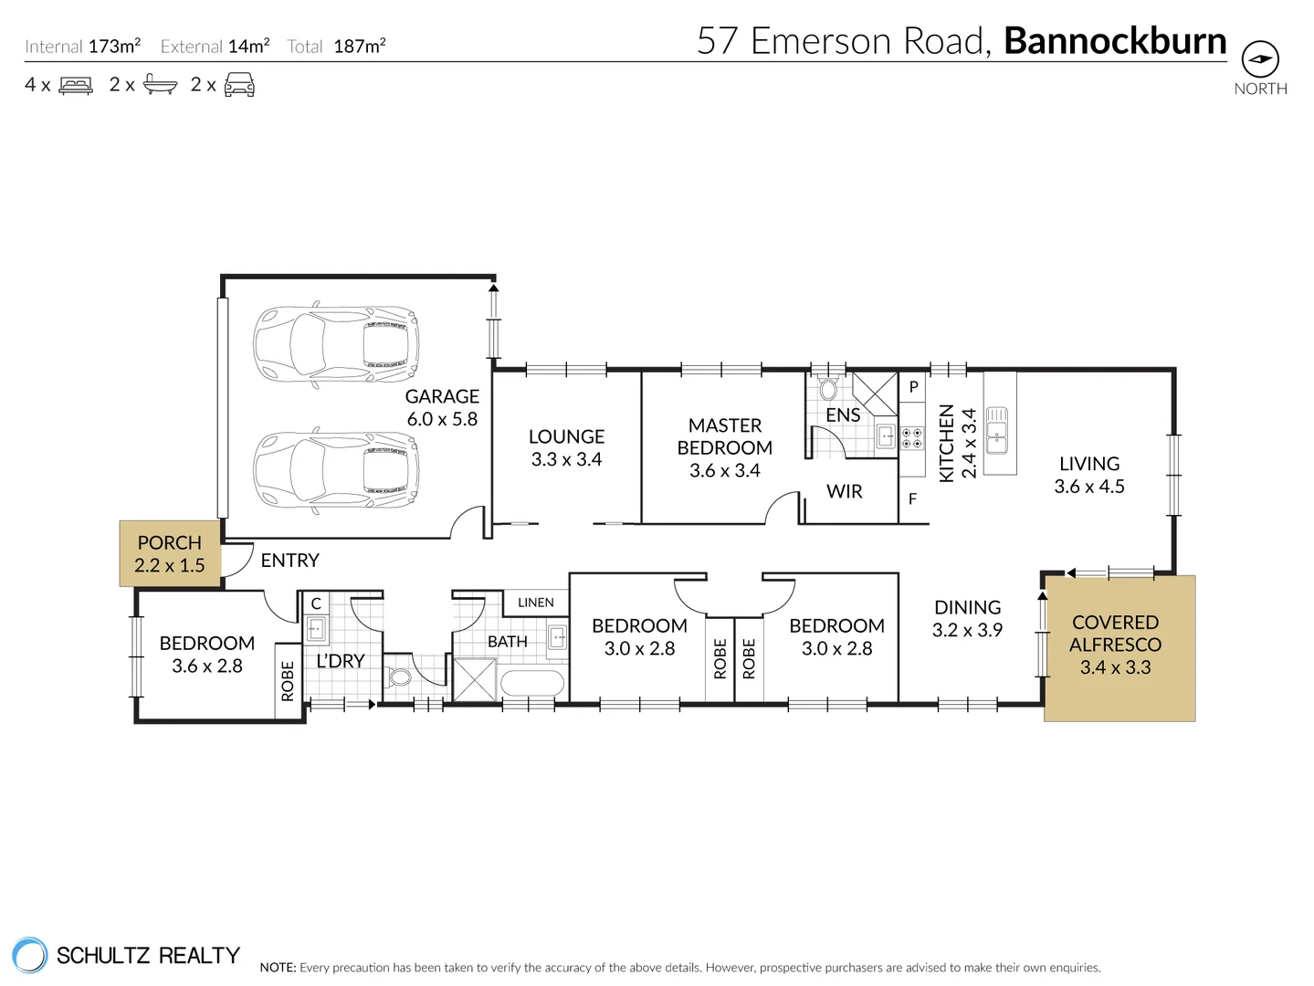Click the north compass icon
pyautogui.click(x=1260, y=58)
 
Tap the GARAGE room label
pyautogui.click(x=442, y=396)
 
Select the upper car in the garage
pyautogui.click(x=336, y=344)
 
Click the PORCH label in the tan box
pyautogui.click(x=170, y=542)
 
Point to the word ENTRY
pyautogui.click(x=289, y=561)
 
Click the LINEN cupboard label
pyautogui.click(x=536, y=603)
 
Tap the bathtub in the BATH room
pyautogui.click(x=532, y=683)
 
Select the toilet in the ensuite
pyautogui.click(x=828, y=389)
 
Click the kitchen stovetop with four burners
pyautogui.click(x=911, y=437)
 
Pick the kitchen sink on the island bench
pyautogui.click(x=997, y=430)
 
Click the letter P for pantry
pyautogui.click(x=913, y=387)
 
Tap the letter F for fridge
pyautogui.click(x=912, y=498)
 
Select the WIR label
pyautogui.click(x=844, y=491)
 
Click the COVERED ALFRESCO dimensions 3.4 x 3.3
pyautogui.click(x=1115, y=667)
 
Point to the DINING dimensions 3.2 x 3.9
pyautogui.click(x=967, y=629)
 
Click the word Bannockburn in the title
pyautogui.click(x=1115, y=41)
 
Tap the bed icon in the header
pyautogui.click(x=76, y=85)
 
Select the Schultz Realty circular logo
pyautogui.click(x=29, y=955)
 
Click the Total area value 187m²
pyautogui.click(x=359, y=46)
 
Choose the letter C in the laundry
pyautogui.click(x=316, y=603)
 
